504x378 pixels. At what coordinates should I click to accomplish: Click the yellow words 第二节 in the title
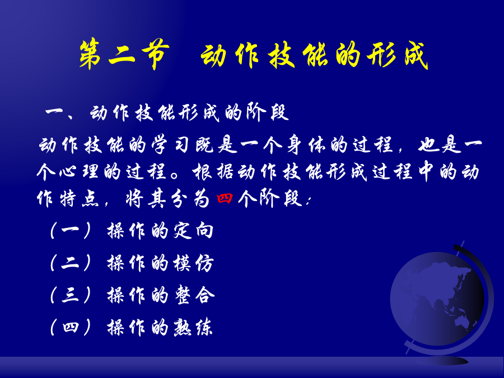(124, 54)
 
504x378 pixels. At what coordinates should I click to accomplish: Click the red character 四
(225, 198)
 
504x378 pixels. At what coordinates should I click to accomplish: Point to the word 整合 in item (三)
(194, 295)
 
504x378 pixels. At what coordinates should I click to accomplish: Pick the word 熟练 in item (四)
(193, 328)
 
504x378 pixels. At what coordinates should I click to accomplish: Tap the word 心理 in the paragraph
(78, 172)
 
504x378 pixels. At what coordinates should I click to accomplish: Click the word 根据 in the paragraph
(213, 172)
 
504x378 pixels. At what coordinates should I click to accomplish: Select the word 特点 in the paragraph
(80, 199)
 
